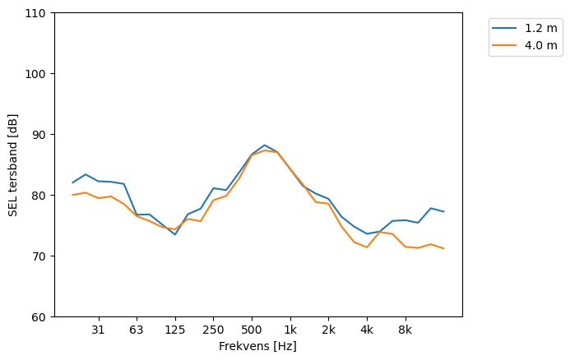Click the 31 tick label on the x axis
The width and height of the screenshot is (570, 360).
[98, 330]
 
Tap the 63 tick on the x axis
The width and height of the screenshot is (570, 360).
[137, 330]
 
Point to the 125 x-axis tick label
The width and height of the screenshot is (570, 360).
[174, 330]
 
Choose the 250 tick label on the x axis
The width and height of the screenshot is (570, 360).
[213, 330]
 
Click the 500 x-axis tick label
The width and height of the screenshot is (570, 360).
[252, 330]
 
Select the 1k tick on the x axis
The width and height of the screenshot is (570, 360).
[290, 330]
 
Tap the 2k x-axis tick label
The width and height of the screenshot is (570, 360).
[328, 330]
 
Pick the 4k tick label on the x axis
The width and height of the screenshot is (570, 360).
[367, 330]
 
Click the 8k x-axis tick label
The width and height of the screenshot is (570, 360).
[405, 330]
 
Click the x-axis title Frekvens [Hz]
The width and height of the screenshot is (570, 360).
[257, 346]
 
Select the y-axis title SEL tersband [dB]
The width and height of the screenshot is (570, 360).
[13, 164]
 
